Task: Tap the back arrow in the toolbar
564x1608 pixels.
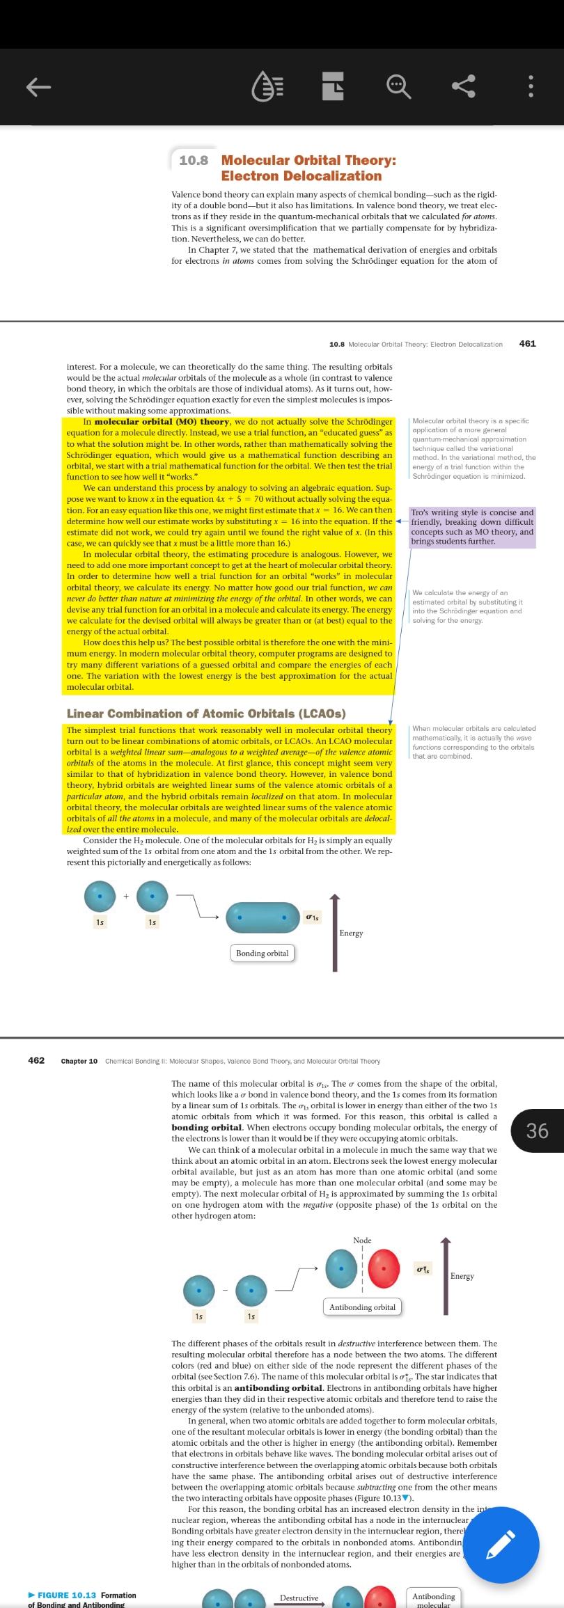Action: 39,87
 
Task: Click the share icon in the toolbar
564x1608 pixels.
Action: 464,87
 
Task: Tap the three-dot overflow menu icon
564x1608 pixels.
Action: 531,87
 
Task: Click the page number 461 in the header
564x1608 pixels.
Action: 527,343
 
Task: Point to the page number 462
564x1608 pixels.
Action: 36,1060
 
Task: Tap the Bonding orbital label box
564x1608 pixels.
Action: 262,952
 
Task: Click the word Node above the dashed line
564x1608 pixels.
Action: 362,1240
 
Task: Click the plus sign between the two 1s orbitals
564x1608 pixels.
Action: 126,896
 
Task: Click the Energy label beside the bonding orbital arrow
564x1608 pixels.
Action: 351,933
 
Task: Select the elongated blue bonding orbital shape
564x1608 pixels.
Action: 262,917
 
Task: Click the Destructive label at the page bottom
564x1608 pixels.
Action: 299,1598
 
